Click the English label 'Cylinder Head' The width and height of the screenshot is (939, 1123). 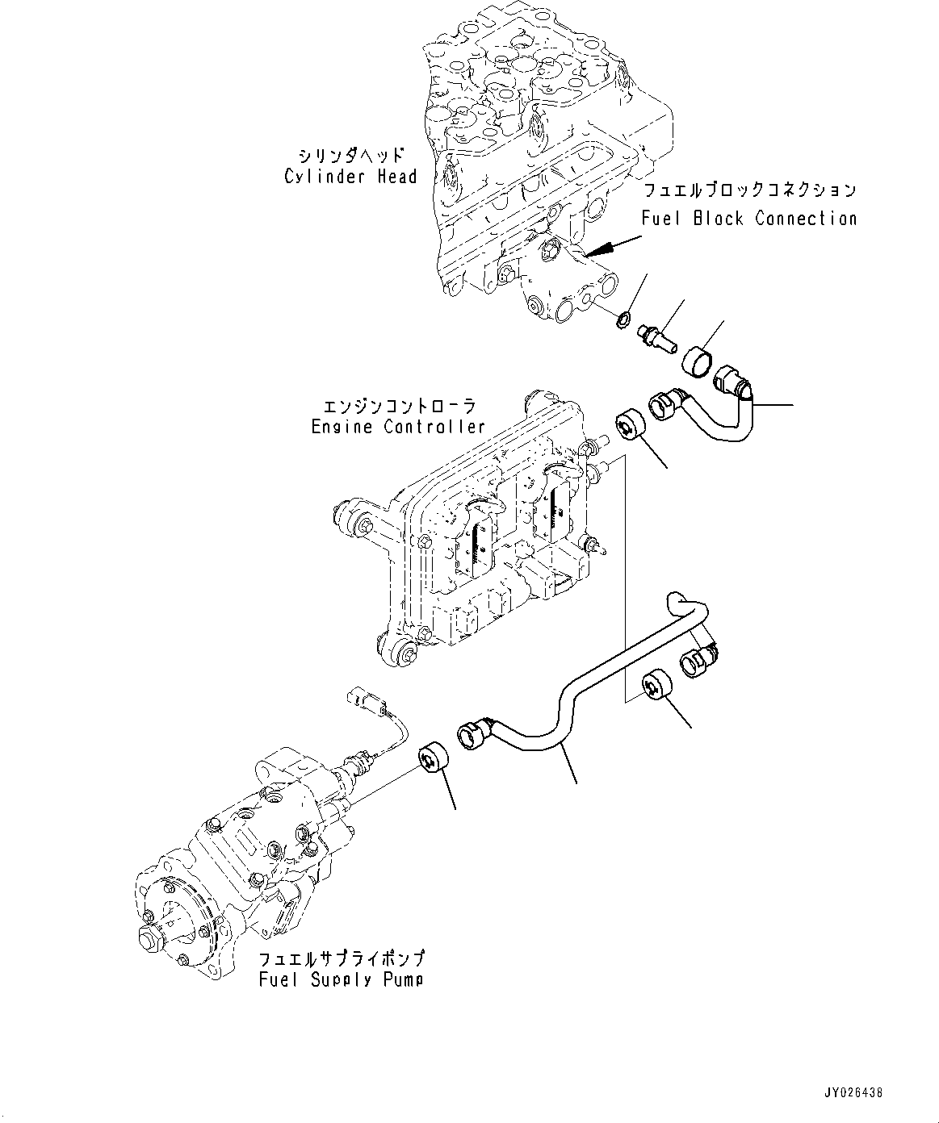(x=350, y=177)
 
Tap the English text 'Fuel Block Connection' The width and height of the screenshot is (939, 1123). (x=748, y=218)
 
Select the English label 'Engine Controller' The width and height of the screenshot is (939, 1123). (x=398, y=427)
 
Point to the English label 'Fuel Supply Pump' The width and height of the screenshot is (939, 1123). (x=342, y=979)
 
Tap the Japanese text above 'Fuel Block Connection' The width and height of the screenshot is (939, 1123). (x=749, y=191)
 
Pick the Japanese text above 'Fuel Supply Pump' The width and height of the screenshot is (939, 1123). (x=342, y=958)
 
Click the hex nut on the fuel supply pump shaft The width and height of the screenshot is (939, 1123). (x=150, y=939)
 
